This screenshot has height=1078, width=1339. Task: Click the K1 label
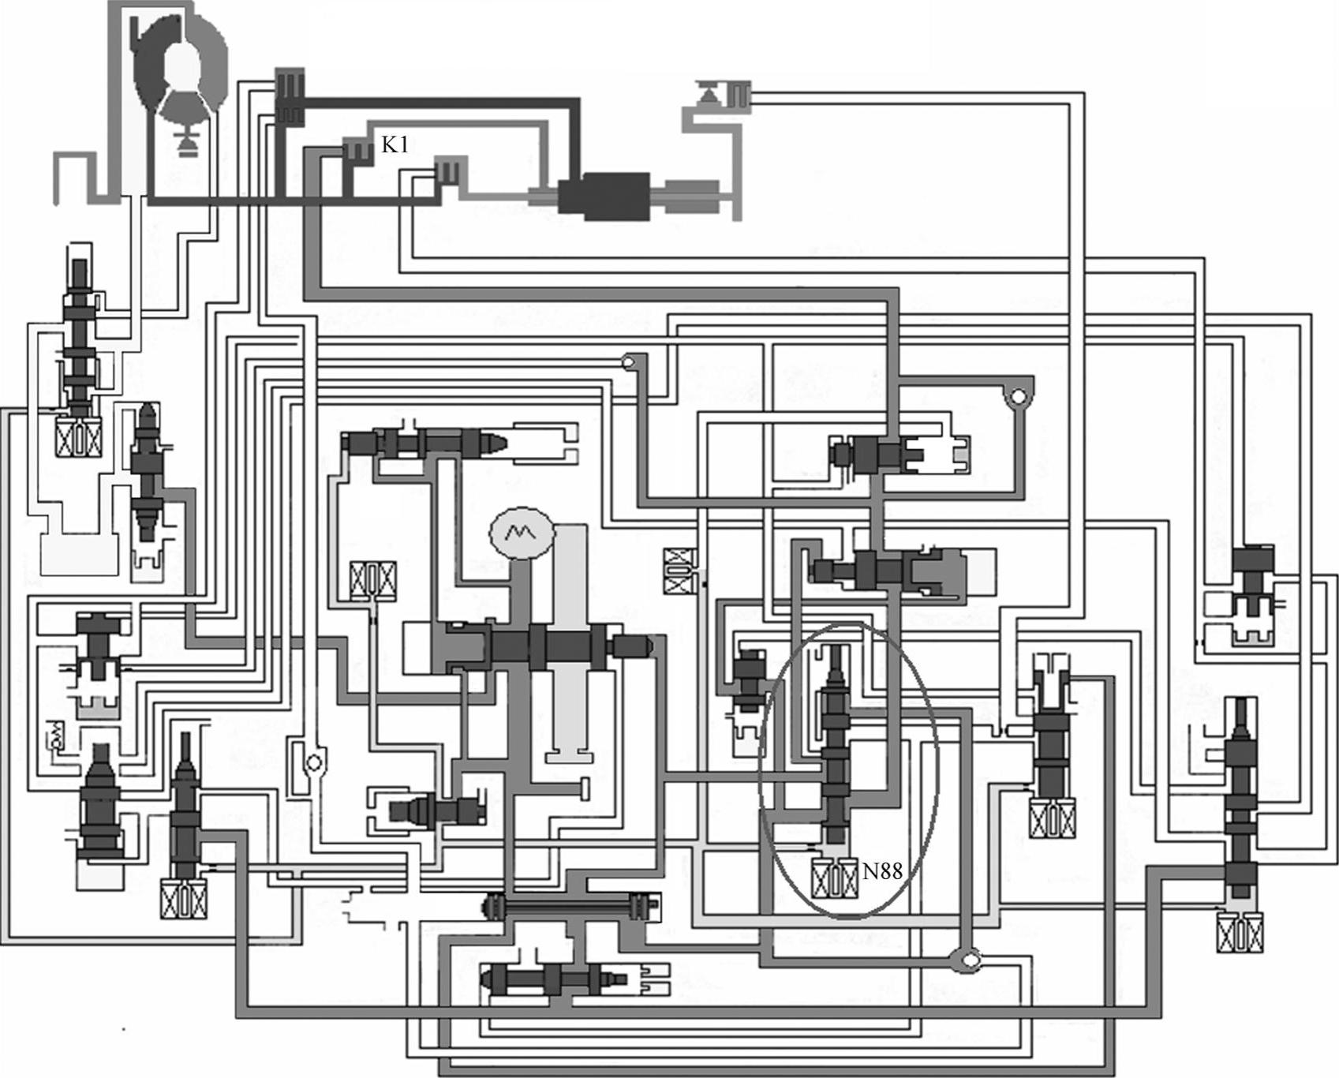(395, 144)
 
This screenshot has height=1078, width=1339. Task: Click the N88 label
(881, 870)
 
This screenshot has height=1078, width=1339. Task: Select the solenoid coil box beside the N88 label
(834, 878)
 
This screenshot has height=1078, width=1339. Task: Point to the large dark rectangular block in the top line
(604, 193)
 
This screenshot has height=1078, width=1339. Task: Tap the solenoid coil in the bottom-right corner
(1239, 932)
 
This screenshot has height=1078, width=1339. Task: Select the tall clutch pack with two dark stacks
(290, 95)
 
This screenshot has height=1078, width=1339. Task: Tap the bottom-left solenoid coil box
(180, 897)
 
